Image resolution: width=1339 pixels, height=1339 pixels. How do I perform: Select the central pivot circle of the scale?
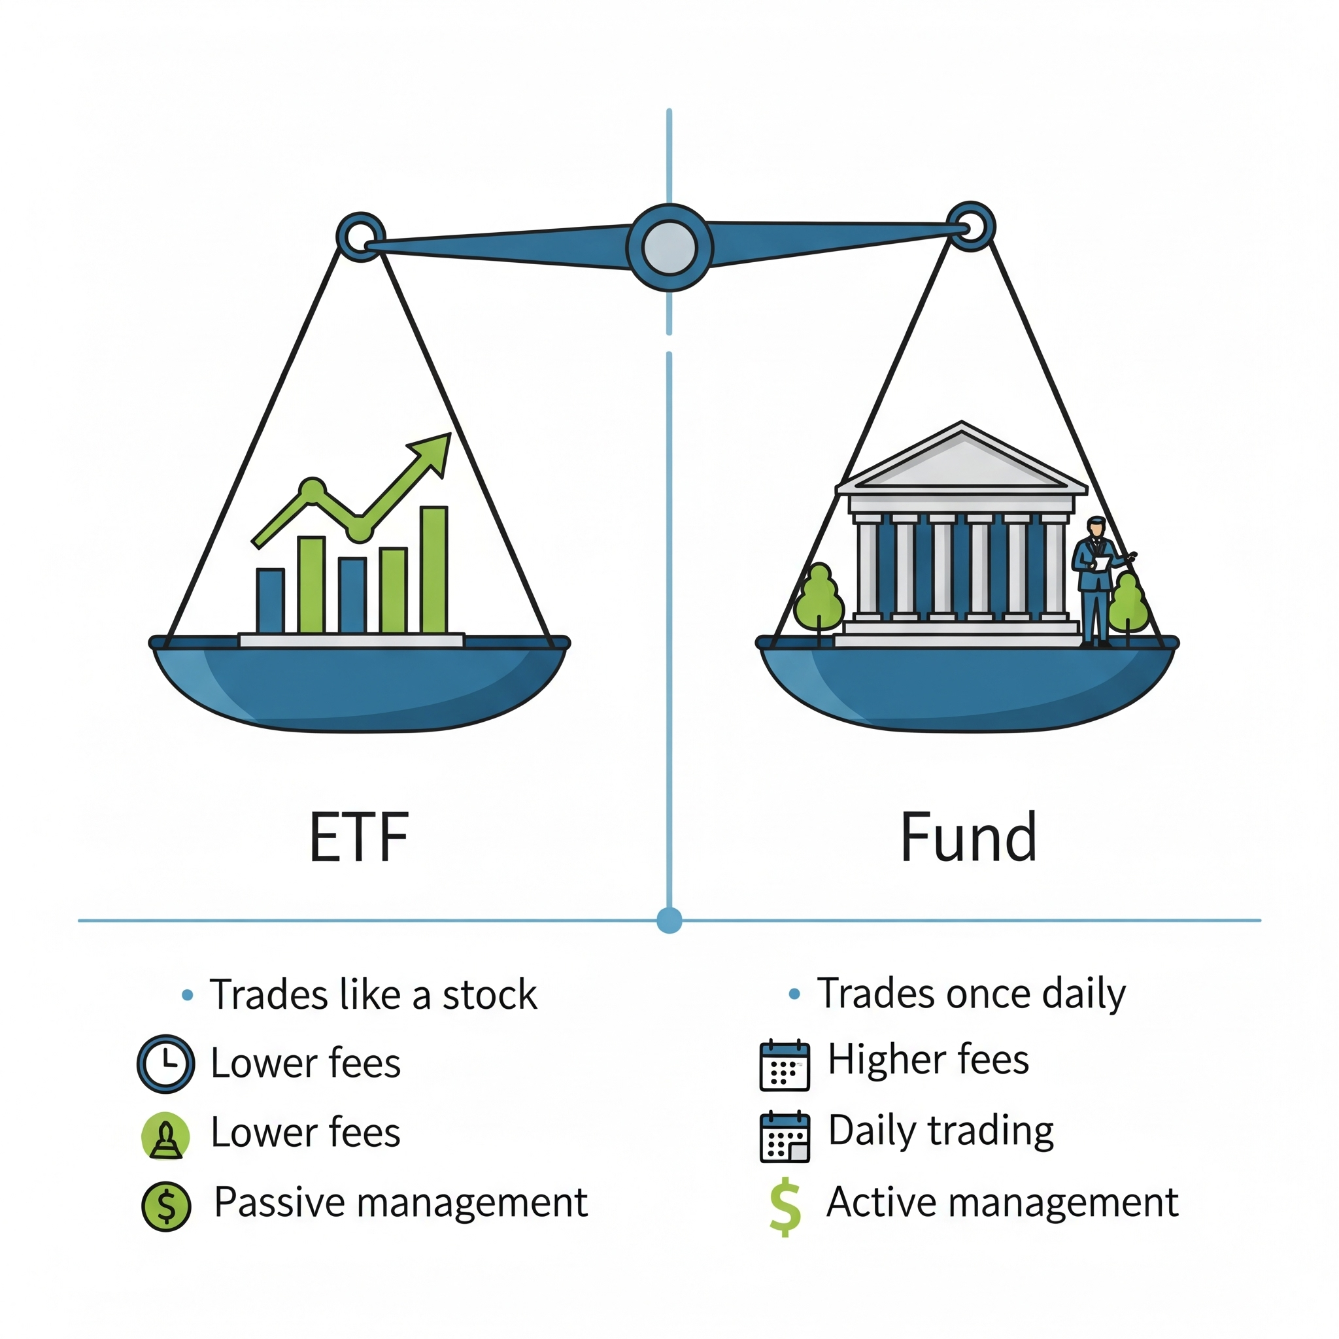point(669,247)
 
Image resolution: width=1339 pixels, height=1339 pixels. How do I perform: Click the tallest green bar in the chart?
point(434,569)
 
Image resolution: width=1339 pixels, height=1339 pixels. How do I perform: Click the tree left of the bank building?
point(819,599)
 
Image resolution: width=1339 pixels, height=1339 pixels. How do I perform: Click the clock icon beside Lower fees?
point(165,1063)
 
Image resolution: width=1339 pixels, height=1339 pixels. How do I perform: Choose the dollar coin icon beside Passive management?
point(166,1206)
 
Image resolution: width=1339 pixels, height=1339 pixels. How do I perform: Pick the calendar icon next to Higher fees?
point(785,1065)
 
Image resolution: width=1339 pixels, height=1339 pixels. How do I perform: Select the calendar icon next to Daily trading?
point(785,1136)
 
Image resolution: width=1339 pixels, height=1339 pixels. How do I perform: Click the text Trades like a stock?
point(373,995)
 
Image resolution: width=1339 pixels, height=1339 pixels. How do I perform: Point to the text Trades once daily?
point(971,994)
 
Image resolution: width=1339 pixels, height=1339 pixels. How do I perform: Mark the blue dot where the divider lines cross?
point(669,921)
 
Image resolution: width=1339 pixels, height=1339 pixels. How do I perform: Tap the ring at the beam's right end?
point(971,226)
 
